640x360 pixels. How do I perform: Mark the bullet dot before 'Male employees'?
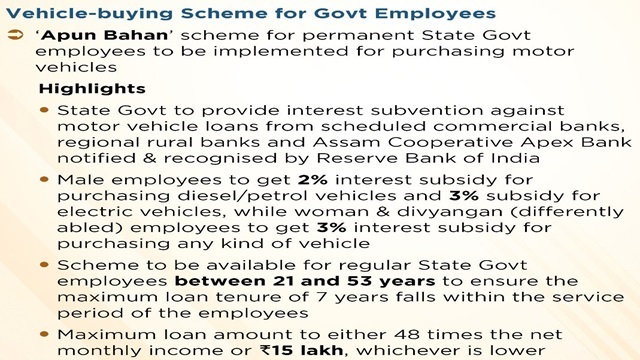click(x=44, y=180)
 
